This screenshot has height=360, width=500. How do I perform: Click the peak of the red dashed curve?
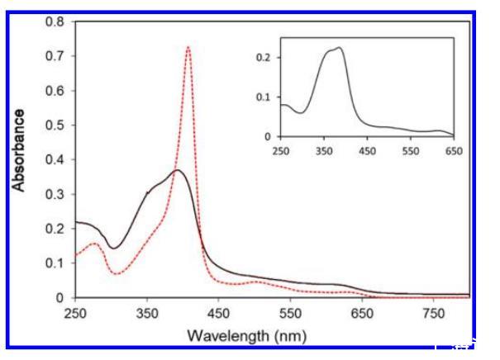coord(188,47)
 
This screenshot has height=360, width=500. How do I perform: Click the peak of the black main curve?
coord(176,170)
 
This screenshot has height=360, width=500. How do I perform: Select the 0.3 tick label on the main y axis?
coord(55,193)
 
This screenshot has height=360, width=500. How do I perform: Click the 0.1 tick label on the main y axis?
coord(55,263)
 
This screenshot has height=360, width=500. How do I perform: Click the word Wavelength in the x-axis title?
coord(228,336)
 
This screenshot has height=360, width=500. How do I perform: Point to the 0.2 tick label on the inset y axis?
coord(268,58)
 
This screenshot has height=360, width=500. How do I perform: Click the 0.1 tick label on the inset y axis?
coord(268,97)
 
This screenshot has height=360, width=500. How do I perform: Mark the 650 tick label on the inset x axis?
coord(453,151)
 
